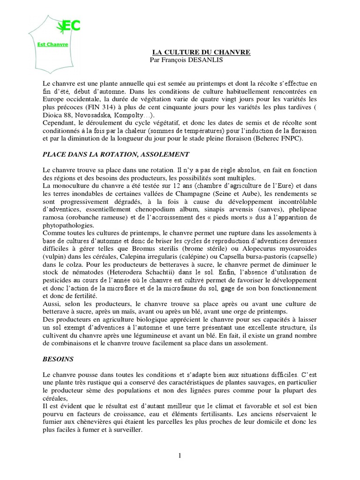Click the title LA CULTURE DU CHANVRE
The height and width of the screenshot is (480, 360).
click(x=201, y=52)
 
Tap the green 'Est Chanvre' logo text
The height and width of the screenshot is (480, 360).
click(x=53, y=45)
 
